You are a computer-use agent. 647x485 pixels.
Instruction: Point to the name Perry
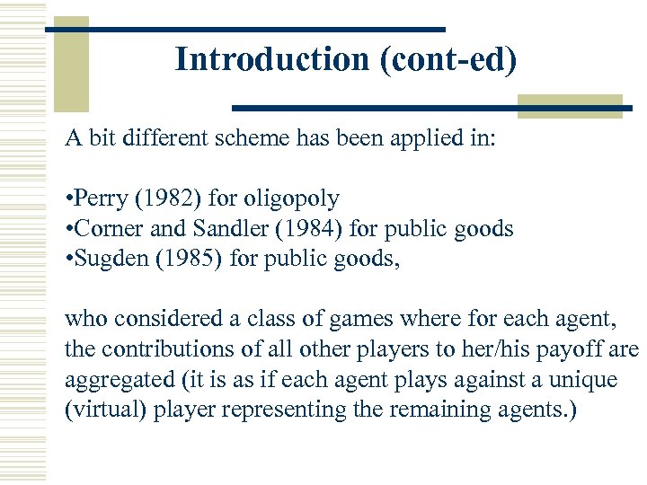[102, 198]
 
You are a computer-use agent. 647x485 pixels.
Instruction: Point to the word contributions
[158, 348]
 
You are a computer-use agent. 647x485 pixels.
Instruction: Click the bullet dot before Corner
[68, 228]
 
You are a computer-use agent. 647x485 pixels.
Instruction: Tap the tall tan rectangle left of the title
[71, 63]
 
